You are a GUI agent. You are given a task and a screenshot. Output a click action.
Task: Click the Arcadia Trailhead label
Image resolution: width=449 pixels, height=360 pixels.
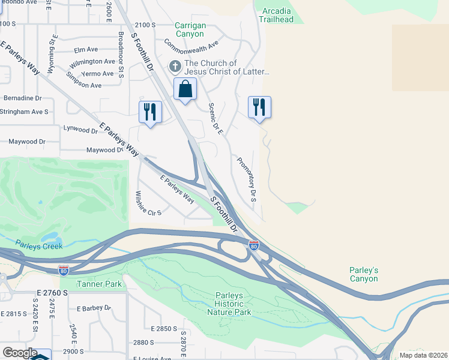click(x=276, y=14)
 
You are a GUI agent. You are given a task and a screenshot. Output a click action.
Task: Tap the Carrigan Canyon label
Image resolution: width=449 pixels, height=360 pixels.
click(x=190, y=30)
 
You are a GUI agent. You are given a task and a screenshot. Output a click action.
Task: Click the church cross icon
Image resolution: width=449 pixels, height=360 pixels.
click(x=175, y=66)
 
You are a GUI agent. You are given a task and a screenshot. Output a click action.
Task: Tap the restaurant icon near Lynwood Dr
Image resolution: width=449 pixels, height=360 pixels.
click(x=150, y=112)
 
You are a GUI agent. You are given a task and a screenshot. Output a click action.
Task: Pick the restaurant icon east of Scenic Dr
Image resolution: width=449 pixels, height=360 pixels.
click(x=259, y=107)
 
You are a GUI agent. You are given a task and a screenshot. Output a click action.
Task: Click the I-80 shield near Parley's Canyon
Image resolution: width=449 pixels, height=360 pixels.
click(x=254, y=245)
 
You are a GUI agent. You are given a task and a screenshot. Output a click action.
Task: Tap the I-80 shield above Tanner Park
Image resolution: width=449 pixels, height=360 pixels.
click(x=63, y=270)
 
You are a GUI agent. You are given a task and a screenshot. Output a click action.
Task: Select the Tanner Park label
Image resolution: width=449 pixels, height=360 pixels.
click(x=99, y=284)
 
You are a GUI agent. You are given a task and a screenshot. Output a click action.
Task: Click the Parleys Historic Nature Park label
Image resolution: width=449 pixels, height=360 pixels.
click(x=229, y=304)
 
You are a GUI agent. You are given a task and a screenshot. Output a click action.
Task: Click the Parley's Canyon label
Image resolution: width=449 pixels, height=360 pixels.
click(x=364, y=274)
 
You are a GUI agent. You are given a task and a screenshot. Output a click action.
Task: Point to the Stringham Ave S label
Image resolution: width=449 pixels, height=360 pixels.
click(x=24, y=112)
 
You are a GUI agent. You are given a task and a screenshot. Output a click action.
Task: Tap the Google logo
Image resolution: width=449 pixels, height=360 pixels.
click(x=20, y=352)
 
